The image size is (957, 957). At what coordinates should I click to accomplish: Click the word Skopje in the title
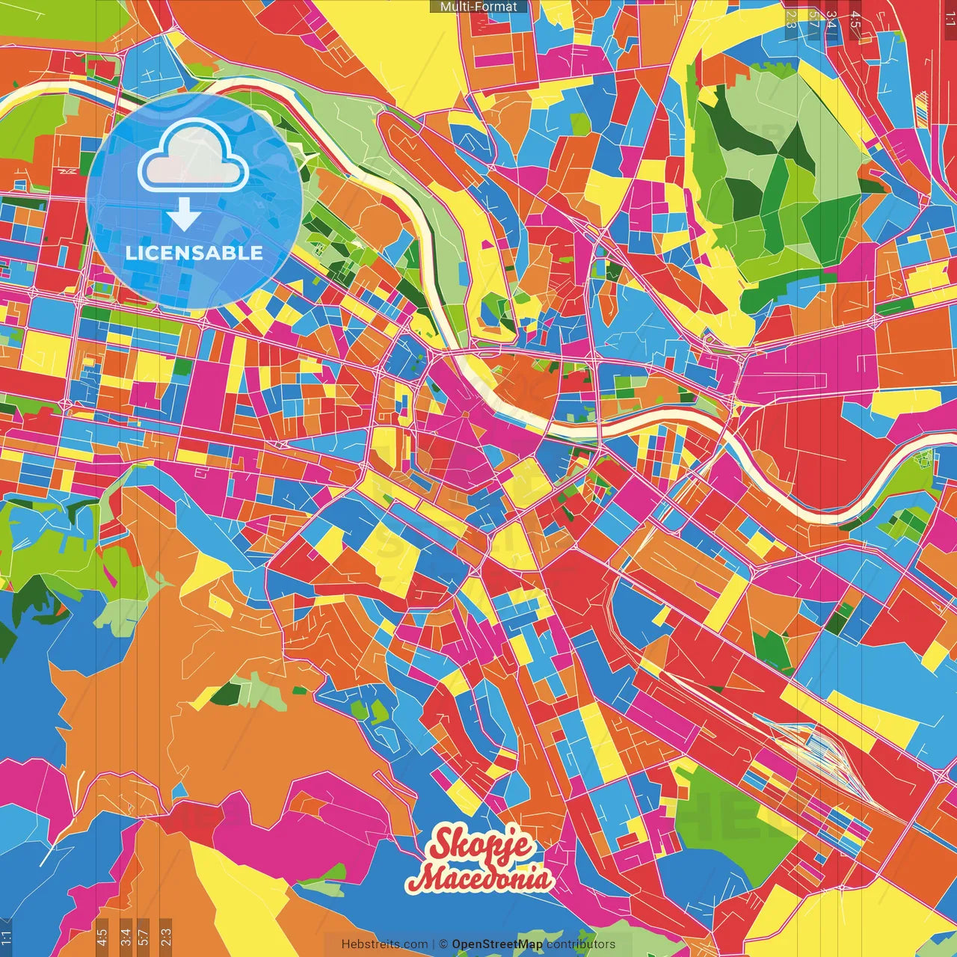[481, 845]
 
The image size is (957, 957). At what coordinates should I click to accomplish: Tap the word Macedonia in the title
[483, 878]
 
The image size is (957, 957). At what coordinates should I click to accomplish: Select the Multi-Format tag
[478, 7]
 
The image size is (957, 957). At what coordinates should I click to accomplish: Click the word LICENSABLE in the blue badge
[194, 253]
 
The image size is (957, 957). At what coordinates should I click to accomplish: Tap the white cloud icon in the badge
[194, 157]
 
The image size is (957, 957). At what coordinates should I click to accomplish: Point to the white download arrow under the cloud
[184, 215]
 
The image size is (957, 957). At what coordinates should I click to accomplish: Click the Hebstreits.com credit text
[384, 944]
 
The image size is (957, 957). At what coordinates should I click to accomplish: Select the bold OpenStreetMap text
[497, 944]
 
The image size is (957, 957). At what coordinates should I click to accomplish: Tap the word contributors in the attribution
[581, 944]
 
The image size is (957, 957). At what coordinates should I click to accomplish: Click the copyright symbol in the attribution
[443, 944]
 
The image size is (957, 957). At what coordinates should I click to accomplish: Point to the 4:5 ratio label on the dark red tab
[855, 19]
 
